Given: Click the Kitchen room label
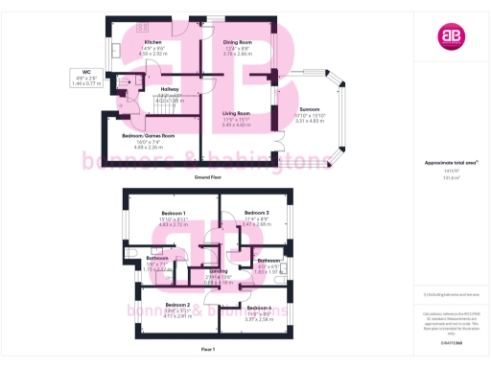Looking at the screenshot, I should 152,43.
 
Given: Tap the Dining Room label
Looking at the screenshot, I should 237,43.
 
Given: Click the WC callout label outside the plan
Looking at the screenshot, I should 87,73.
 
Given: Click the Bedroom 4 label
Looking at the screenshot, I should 260,307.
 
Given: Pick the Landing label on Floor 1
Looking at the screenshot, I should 219,272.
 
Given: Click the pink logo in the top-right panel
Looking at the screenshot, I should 450,36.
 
